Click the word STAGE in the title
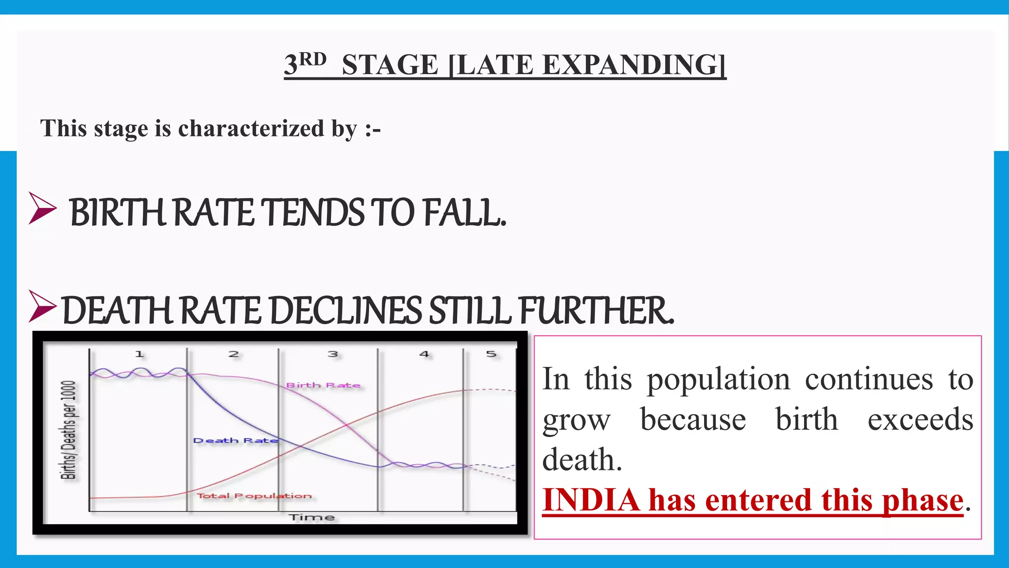coord(390,65)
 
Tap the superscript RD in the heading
coord(313,59)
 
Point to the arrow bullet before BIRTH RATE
coord(42,209)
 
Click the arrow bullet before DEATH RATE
coord(42,306)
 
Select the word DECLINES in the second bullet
coord(346,311)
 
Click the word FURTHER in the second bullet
coord(596,311)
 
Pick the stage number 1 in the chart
coord(139,354)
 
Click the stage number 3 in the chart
coord(333,354)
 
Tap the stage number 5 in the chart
coord(491,354)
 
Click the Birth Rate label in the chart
coord(323,385)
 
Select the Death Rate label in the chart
coord(235,440)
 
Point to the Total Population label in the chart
coord(254,496)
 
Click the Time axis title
coord(311,517)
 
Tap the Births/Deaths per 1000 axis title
coord(68,429)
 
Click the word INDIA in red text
coord(591,500)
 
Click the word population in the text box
coord(718,380)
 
